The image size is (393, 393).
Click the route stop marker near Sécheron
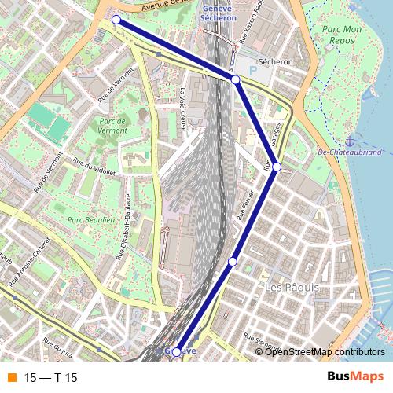[236, 80]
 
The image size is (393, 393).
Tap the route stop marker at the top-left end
[116, 20]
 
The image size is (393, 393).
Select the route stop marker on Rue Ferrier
[233, 261]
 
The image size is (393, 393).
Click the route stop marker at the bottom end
[176, 351]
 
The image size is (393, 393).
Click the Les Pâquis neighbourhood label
[292, 288]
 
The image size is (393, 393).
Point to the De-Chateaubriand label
[350, 152]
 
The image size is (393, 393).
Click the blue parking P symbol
[253, 71]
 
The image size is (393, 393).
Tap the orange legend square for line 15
[12, 378]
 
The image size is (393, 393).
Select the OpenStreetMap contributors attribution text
[325, 351]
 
